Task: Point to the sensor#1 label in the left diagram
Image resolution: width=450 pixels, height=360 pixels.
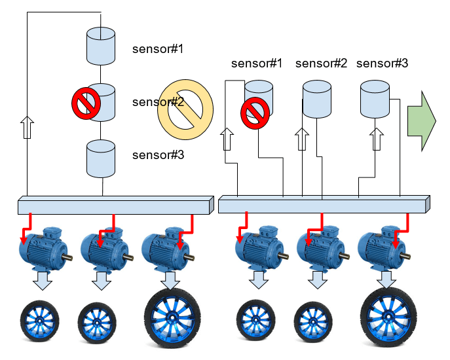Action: pos(158,49)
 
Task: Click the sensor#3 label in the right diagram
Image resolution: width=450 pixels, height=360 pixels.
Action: pos(382,63)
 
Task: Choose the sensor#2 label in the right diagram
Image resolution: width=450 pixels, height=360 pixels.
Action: pos(321,63)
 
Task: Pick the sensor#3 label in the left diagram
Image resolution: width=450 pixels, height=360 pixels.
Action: pos(158,155)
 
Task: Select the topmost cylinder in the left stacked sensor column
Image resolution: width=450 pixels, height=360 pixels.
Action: pos(102,46)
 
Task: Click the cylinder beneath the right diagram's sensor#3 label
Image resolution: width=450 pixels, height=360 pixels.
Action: pos(375,99)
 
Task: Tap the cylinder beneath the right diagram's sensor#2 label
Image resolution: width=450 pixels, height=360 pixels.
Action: pos(317,99)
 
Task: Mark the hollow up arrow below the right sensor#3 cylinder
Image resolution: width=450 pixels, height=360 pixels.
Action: pos(375,139)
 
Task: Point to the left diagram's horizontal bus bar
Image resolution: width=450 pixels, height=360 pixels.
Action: pos(115,205)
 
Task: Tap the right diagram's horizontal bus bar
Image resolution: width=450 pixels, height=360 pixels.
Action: pos(324,205)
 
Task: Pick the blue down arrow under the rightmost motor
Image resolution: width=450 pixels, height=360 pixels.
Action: pos(386,280)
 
